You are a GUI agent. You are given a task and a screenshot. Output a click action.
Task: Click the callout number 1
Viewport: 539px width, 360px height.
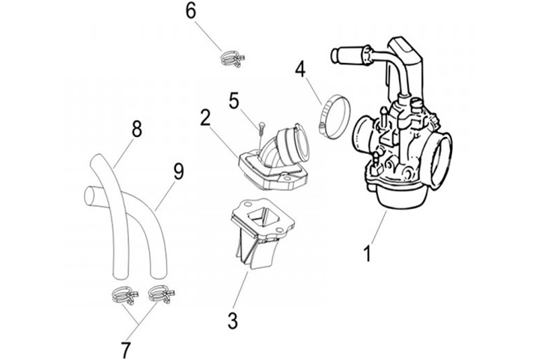click(368, 254)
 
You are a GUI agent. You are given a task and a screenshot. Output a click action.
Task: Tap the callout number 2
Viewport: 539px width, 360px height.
click(205, 118)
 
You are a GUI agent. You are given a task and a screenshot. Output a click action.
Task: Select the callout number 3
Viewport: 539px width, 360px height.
click(233, 321)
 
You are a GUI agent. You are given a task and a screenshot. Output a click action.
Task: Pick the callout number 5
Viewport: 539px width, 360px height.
click(234, 100)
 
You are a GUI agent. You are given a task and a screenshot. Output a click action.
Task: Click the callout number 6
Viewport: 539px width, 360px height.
click(191, 11)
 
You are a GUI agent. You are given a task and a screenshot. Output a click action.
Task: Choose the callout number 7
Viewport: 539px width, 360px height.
click(127, 350)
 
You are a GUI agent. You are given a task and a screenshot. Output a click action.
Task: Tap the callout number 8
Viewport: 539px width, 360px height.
click(137, 129)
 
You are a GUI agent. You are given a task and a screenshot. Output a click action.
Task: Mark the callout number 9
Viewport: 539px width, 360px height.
click(178, 171)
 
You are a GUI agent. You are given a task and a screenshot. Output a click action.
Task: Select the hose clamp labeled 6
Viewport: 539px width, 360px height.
click(232, 58)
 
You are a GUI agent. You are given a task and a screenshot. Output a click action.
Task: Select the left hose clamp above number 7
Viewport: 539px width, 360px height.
click(124, 296)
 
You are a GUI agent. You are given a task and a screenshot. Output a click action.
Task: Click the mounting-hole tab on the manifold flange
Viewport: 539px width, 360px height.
click(285, 179)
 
